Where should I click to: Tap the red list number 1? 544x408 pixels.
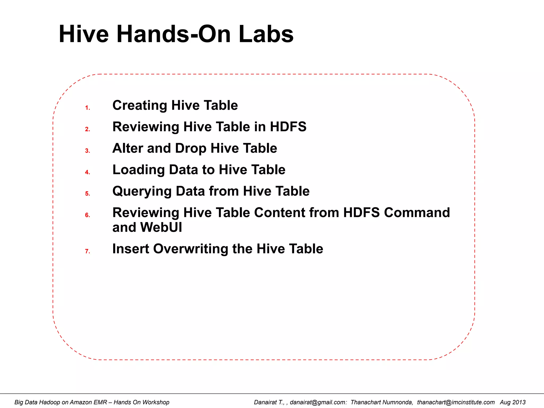87,108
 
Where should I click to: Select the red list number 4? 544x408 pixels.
87,172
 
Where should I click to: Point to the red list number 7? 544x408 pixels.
87,251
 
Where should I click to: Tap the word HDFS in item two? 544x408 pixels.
288,127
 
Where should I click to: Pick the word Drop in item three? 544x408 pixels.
190,148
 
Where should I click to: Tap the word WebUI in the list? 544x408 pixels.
161,227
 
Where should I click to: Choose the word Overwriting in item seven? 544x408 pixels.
190,249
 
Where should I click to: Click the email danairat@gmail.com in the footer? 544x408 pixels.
318,402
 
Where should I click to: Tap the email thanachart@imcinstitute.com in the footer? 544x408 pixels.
456,402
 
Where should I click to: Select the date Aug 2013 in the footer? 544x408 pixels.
512,402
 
